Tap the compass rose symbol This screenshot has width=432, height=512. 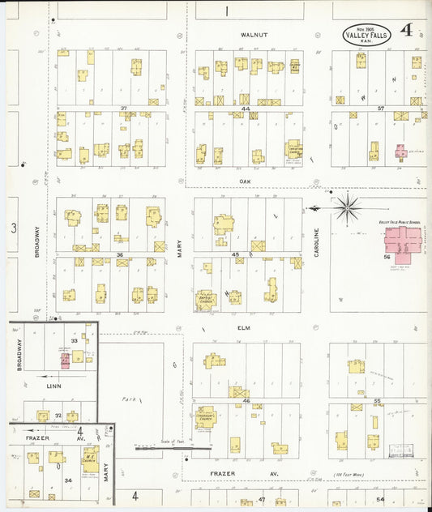tap(347, 208)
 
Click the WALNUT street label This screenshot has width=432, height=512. tap(253, 36)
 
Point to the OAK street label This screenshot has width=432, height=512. tap(246, 181)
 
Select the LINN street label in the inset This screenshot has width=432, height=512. tap(54, 386)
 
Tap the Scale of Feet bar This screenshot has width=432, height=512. tap(173, 446)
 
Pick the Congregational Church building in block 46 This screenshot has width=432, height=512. tap(205, 417)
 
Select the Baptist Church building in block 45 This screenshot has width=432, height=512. tap(206, 299)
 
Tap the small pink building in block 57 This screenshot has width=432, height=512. tap(400, 151)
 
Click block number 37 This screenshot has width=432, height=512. tap(123, 108)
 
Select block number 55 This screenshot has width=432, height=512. tap(377, 400)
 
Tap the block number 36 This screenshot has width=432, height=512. tap(120, 255)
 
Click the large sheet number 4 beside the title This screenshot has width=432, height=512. tap(405, 32)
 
